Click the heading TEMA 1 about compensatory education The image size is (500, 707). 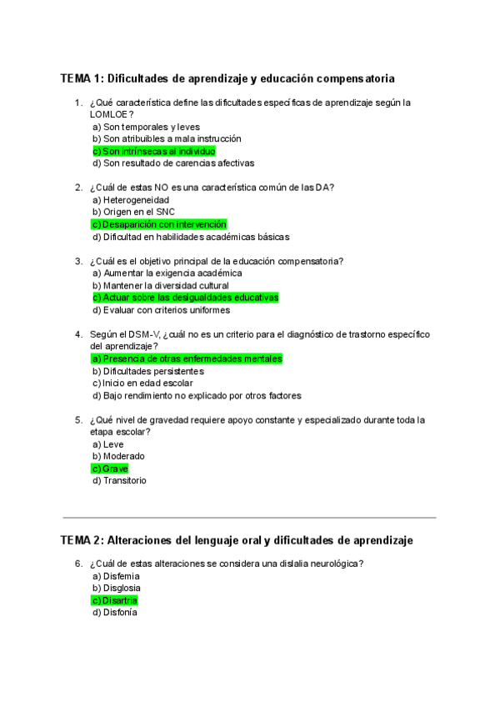[227, 78]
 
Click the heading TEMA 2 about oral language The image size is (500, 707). [237, 540]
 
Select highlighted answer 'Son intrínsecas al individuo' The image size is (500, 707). [154, 151]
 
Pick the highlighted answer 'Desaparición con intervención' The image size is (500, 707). [159, 224]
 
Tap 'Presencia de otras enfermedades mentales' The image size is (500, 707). [187, 359]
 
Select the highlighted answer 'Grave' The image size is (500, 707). [110, 469]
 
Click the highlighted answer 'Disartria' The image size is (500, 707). [115, 600]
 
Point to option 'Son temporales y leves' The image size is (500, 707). [146, 127]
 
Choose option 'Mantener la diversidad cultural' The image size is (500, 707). [161, 285]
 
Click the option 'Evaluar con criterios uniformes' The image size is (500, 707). [161, 310]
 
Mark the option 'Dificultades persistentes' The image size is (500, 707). [148, 371]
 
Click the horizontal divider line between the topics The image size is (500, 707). [249, 518]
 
